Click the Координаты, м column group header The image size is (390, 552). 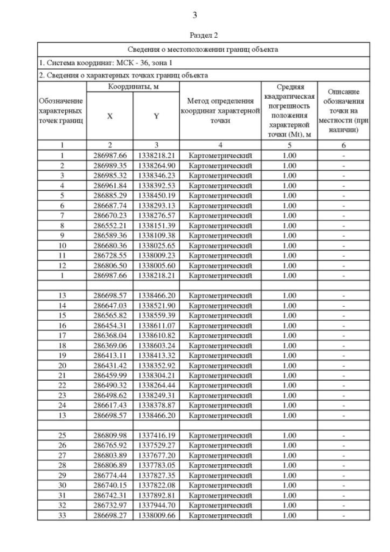coord(133,87)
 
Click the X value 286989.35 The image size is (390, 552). coord(110,165)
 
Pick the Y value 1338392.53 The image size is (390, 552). coord(157,185)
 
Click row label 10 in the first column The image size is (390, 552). coord(62,245)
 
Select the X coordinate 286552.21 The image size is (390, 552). coord(110,225)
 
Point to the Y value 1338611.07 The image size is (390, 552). coord(157,326)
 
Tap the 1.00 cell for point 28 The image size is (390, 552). coord(290,465)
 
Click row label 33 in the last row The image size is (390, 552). coord(62,515)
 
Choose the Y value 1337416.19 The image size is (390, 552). coord(157,436)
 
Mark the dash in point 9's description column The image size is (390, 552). coord(344,235)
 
